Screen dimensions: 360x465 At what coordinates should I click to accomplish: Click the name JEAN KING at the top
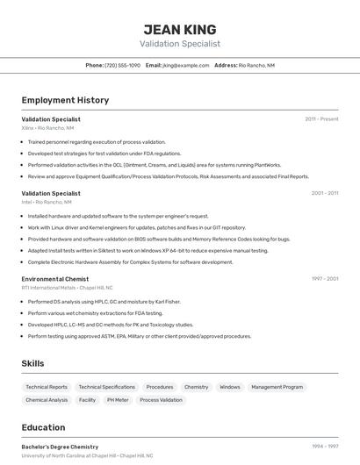(x=179, y=29)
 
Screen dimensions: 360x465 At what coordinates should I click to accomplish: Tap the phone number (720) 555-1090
(x=122, y=65)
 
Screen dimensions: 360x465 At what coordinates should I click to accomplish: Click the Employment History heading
(x=65, y=100)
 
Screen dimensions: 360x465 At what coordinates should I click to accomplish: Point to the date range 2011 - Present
(x=321, y=118)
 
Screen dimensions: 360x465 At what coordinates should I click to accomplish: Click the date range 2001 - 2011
(x=324, y=193)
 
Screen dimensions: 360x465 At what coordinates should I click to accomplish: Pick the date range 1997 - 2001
(x=324, y=279)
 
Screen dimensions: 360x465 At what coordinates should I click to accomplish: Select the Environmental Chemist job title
(x=54, y=279)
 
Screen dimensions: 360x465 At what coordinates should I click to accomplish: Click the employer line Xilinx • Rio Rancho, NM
(x=47, y=128)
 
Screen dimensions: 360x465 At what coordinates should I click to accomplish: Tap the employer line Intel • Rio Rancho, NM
(x=47, y=202)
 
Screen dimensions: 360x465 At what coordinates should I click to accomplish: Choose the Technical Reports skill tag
(x=47, y=387)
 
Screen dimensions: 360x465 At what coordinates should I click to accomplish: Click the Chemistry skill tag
(x=196, y=387)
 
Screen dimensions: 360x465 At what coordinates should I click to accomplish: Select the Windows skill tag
(x=229, y=387)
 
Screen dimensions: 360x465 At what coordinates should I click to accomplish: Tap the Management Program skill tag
(x=277, y=387)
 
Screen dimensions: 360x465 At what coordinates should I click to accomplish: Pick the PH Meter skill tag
(x=118, y=400)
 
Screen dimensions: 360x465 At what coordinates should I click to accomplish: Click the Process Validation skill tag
(x=161, y=400)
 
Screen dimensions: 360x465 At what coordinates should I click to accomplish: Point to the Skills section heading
(x=33, y=363)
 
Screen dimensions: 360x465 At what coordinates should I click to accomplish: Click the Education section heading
(x=43, y=427)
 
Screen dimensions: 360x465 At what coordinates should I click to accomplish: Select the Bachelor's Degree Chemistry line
(x=60, y=447)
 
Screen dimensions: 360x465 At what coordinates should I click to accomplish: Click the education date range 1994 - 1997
(x=324, y=447)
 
